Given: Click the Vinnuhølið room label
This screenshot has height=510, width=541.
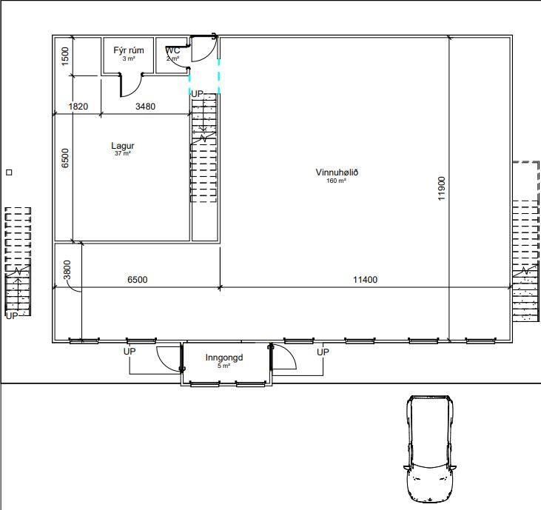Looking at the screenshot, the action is pyautogui.click(x=337, y=172).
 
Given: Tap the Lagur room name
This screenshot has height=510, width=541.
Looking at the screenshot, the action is pyautogui.click(x=123, y=146).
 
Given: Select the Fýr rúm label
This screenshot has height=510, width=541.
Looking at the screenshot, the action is pyautogui.click(x=128, y=50).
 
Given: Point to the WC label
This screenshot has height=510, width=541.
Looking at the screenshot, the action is pyautogui.click(x=172, y=50).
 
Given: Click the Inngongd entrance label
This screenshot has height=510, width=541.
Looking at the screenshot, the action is pyautogui.click(x=224, y=358).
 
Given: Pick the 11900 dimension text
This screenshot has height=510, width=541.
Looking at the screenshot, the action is pyautogui.click(x=442, y=189).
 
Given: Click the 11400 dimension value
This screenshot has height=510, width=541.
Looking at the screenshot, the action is pyautogui.click(x=365, y=280).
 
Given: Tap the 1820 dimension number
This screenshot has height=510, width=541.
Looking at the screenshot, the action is pyautogui.click(x=78, y=107).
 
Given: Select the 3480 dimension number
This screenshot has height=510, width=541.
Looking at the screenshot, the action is pyautogui.click(x=145, y=107).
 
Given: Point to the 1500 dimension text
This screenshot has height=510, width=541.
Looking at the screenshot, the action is pyautogui.click(x=65, y=56).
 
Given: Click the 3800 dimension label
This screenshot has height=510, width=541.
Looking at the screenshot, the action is pyautogui.click(x=67, y=270).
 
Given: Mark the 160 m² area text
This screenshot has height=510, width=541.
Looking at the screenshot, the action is pyautogui.click(x=337, y=181).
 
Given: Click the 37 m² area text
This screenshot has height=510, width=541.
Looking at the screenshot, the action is pyautogui.click(x=123, y=153).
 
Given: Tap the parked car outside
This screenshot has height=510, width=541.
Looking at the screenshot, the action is pyautogui.click(x=429, y=449).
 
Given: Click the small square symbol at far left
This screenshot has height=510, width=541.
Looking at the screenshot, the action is pyautogui.click(x=10, y=172).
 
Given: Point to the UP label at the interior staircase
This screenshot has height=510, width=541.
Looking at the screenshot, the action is pyautogui.click(x=197, y=93).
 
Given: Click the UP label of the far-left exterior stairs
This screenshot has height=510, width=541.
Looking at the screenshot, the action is pyautogui.click(x=12, y=316).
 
